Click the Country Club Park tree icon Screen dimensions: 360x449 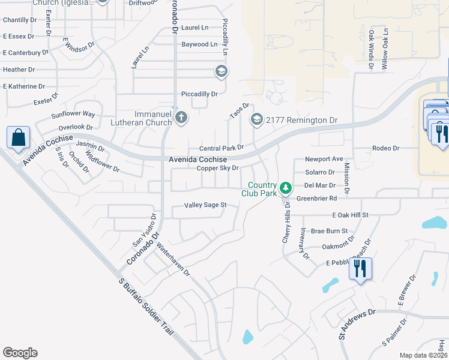[x=286, y=188]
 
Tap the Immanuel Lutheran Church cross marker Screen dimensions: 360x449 [x=181, y=118]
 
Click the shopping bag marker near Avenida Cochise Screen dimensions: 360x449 [x=19, y=137]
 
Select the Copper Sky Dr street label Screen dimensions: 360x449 [x=218, y=169]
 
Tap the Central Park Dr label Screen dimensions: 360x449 [x=221, y=148]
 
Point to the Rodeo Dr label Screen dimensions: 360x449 [x=387, y=148]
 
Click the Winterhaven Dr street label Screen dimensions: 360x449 [x=173, y=259]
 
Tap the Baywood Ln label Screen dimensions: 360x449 [x=199, y=44]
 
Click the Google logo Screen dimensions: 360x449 [x=20, y=353]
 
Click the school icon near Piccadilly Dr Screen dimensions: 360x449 [x=221, y=72]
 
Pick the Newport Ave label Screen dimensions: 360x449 [x=324, y=159]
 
